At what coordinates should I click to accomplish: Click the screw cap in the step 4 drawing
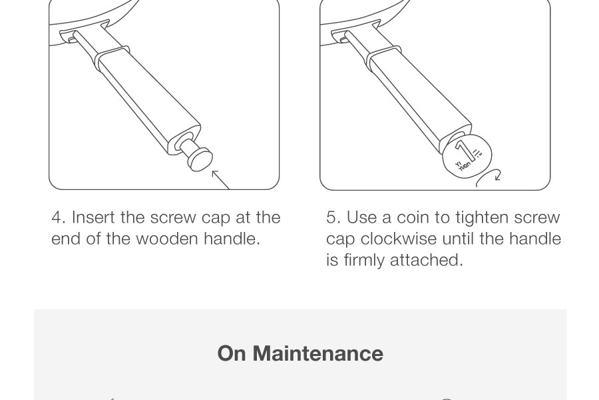click(x=196, y=155)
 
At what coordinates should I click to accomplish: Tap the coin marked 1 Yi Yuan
click(x=467, y=155)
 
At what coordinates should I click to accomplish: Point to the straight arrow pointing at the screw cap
click(x=221, y=180)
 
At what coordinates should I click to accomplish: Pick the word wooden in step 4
click(x=167, y=239)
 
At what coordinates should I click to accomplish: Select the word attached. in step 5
click(x=427, y=260)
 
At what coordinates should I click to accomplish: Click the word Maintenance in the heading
click(x=318, y=353)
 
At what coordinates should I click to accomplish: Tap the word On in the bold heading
click(x=232, y=353)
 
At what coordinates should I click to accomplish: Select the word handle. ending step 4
click(x=232, y=239)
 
